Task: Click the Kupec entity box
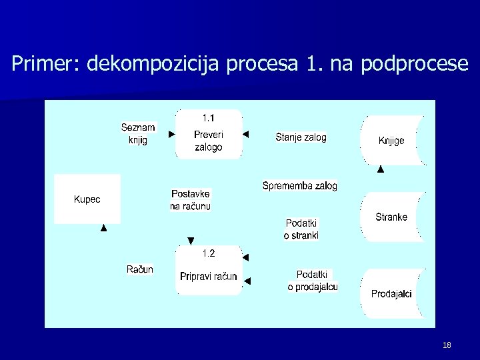click(87, 199)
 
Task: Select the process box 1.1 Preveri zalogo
click(209, 134)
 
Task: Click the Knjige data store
click(392, 140)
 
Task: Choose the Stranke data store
click(392, 217)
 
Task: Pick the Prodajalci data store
click(392, 293)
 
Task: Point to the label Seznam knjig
click(139, 133)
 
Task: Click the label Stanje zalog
click(301, 137)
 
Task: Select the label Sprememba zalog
click(300, 185)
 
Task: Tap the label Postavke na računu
click(190, 200)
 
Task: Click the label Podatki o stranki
click(301, 229)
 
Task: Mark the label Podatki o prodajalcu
click(313, 281)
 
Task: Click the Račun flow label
click(140, 269)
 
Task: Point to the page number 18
click(447, 345)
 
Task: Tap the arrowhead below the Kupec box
click(103, 228)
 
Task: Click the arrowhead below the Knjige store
click(381, 169)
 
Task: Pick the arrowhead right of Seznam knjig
click(171, 134)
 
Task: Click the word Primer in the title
click(45, 64)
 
